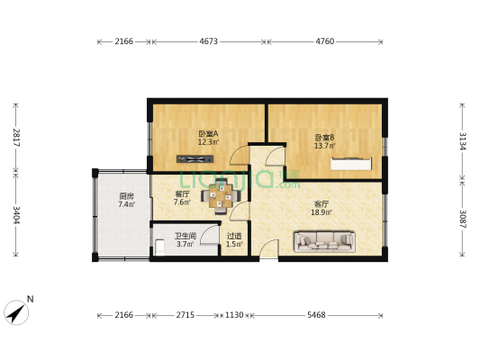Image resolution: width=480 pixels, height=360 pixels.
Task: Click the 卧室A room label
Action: (x=208, y=134)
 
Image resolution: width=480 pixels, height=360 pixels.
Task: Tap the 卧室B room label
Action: (x=324, y=138)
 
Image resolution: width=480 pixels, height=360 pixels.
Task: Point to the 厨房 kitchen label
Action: (x=126, y=196)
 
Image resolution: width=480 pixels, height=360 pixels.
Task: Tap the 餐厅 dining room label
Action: (x=182, y=194)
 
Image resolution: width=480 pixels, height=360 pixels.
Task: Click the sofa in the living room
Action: (x=324, y=240)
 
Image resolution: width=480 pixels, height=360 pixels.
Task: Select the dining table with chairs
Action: (x=222, y=195)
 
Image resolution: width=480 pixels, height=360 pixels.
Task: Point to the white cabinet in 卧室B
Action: (x=351, y=163)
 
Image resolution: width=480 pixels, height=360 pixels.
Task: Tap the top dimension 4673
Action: (x=208, y=41)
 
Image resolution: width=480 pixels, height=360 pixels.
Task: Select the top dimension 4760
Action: (x=325, y=41)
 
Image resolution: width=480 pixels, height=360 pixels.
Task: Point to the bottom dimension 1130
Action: (x=234, y=316)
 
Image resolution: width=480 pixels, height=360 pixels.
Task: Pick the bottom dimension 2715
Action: (x=185, y=316)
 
